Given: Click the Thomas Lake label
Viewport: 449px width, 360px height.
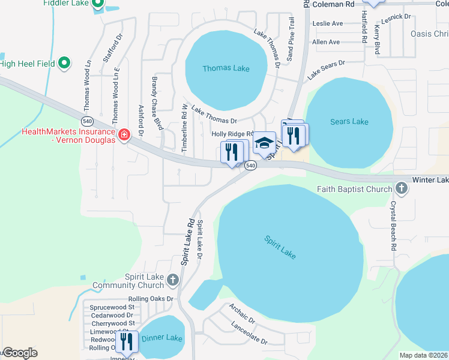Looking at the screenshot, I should [x=226, y=68].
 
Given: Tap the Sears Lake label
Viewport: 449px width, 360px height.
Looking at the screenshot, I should [x=349, y=122].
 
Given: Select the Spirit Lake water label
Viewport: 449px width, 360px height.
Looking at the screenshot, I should [x=280, y=247].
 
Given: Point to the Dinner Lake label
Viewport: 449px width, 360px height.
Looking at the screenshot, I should [x=161, y=338].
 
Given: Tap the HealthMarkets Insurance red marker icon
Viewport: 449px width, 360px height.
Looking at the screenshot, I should [x=124, y=135].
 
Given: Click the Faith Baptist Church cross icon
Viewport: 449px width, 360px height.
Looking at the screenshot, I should [x=402, y=190].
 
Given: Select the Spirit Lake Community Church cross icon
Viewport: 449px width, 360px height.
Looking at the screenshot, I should [x=173, y=280].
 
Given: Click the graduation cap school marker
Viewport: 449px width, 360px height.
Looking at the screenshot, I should [x=264, y=143].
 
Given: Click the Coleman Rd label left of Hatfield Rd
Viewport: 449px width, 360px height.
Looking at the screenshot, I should [x=333, y=4].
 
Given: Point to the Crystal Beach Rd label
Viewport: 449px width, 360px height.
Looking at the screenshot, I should [x=394, y=225].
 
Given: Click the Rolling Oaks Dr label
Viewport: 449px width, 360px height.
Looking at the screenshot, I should [x=151, y=298].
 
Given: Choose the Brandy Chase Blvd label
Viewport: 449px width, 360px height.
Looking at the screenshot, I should [x=157, y=103].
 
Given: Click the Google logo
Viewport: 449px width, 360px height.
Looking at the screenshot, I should [x=19, y=353].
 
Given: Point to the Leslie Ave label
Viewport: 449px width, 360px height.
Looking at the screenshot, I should [x=328, y=23].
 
